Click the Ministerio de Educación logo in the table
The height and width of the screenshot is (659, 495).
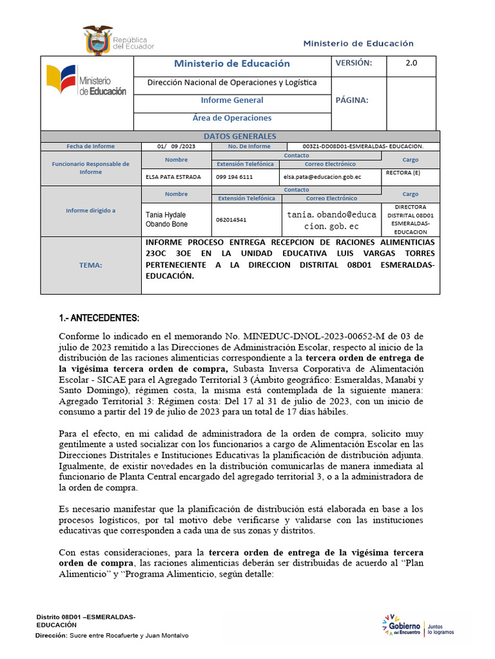(x=86, y=82)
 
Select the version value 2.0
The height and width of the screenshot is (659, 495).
(x=411, y=63)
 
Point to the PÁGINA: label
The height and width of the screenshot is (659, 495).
(x=352, y=100)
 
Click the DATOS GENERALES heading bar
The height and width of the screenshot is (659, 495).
(x=240, y=136)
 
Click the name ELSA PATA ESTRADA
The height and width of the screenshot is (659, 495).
(x=173, y=176)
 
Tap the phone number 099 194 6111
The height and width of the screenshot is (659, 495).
(x=235, y=176)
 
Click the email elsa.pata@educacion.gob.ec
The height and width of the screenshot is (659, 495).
(x=320, y=176)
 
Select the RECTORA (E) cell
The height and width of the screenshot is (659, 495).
(x=403, y=173)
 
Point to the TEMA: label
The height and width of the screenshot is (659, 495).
(x=90, y=265)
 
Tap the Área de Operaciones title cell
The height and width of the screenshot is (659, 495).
(x=232, y=118)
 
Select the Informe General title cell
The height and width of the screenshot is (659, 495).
(x=232, y=100)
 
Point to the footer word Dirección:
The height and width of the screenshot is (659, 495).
(x=51, y=636)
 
